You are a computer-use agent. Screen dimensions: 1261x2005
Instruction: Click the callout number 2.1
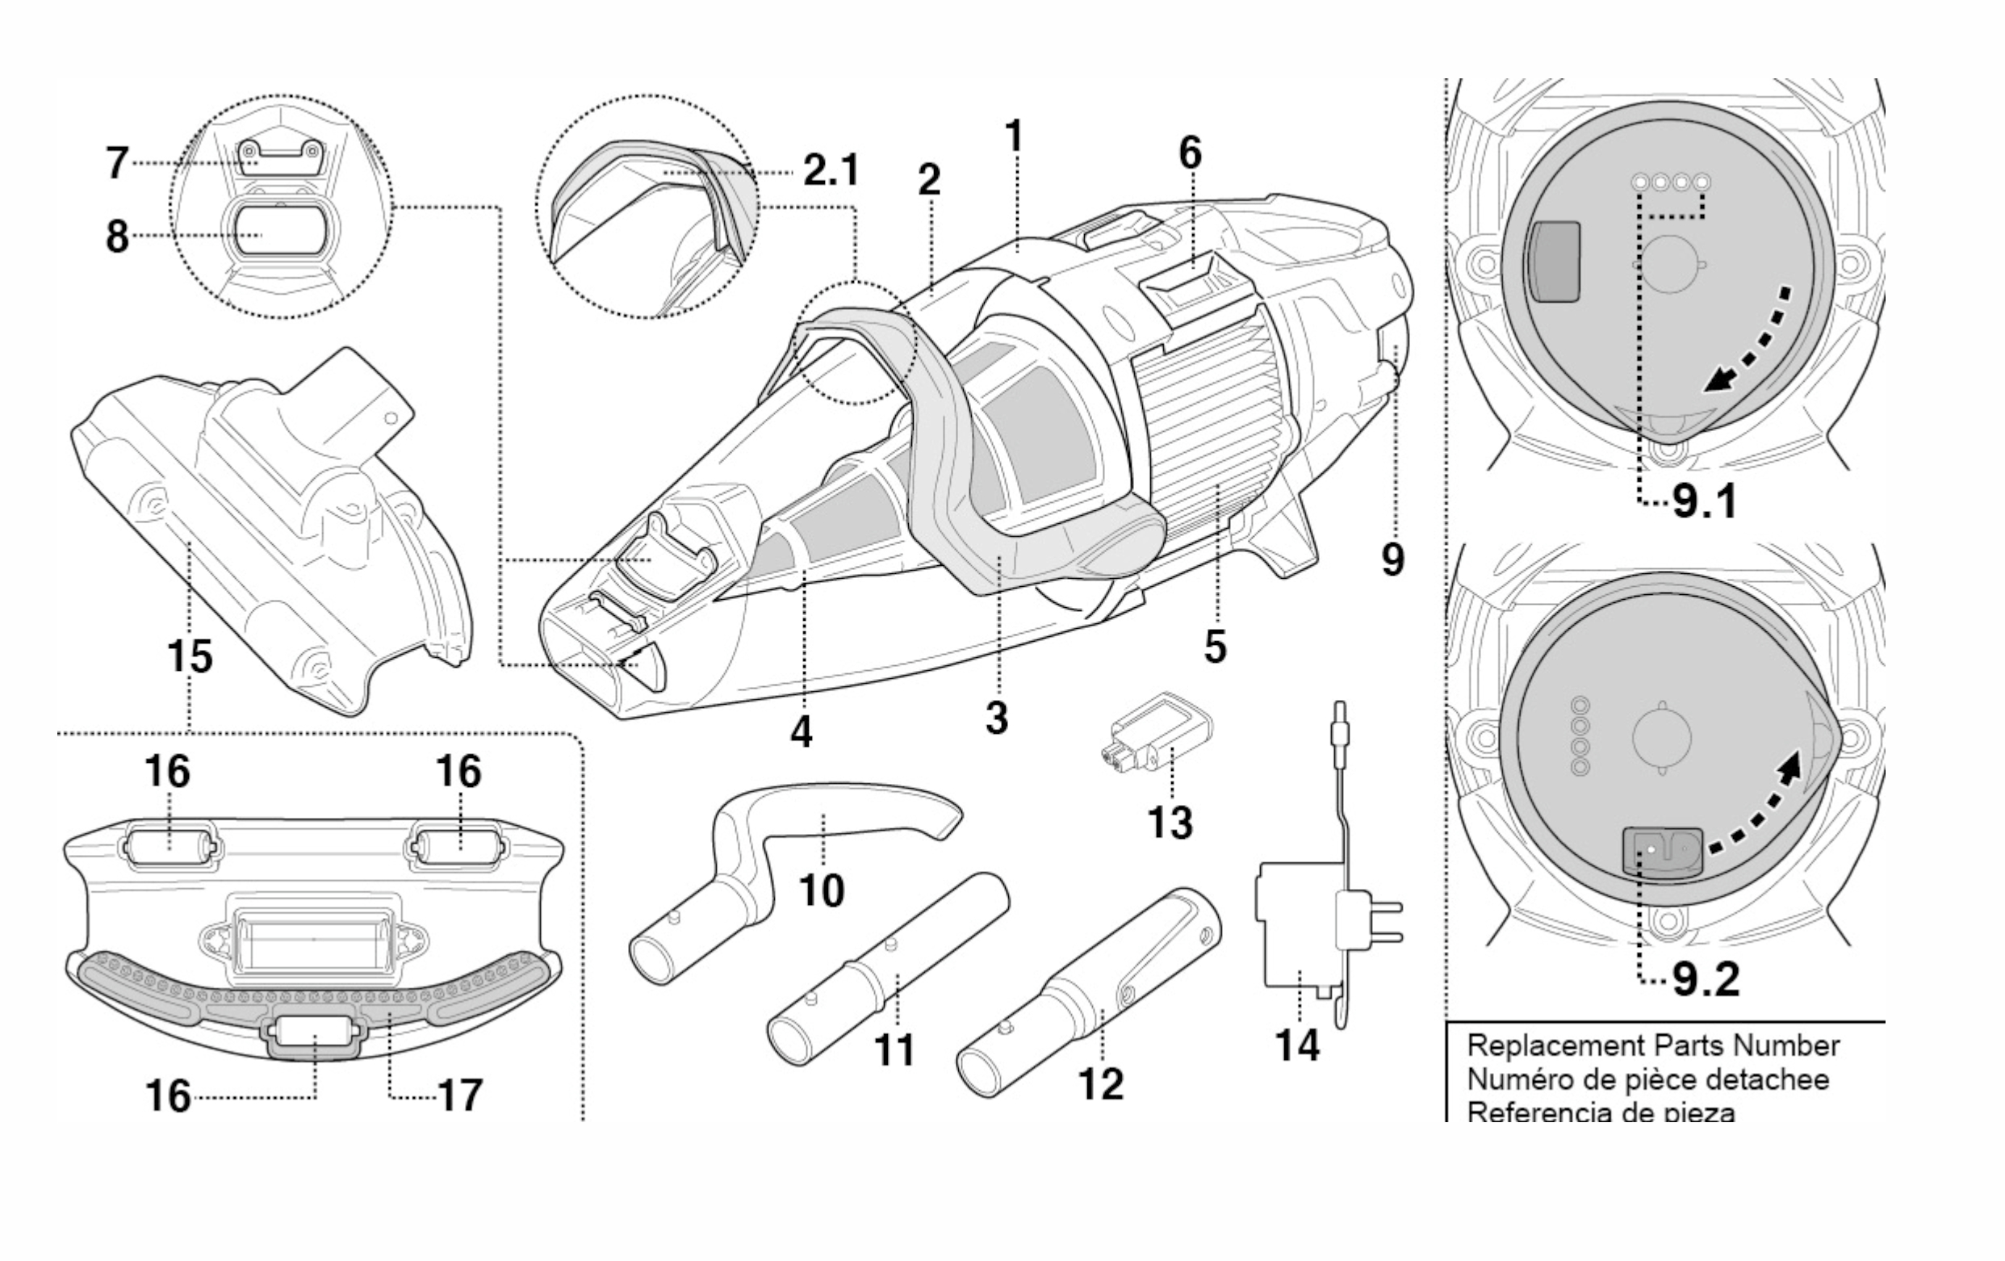pyautogui.click(x=830, y=172)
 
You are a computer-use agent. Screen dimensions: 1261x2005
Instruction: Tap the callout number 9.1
pyautogui.click(x=1706, y=502)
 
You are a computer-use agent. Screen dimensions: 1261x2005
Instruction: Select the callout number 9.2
pyautogui.click(x=1706, y=980)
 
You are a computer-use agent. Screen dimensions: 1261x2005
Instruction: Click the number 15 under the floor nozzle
pyautogui.click(x=190, y=656)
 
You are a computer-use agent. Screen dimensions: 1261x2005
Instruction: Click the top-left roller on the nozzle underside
pyautogui.click(x=170, y=847)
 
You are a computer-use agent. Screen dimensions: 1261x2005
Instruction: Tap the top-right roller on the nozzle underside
pyautogui.click(x=455, y=847)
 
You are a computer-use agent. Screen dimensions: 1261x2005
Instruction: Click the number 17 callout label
pyautogui.click(x=458, y=1096)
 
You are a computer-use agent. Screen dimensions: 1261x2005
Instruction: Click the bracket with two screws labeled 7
pyautogui.click(x=279, y=157)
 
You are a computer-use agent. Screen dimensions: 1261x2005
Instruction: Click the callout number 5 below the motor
pyautogui.click(x=1215, y=647)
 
